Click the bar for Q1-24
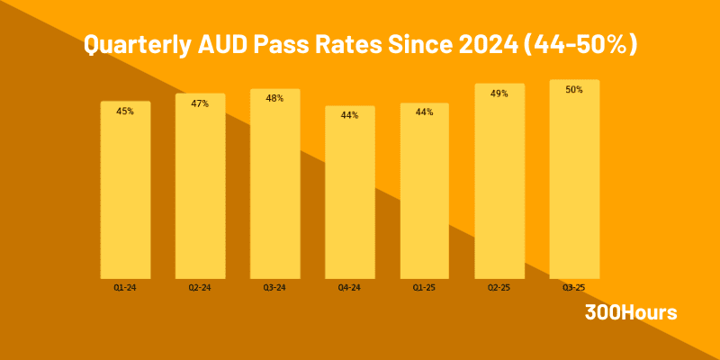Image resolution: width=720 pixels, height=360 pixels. point(125,193)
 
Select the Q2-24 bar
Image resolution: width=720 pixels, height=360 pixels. point(200,189)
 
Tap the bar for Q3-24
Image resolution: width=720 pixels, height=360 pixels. point(274,187)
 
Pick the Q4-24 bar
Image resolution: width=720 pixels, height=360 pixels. point(349,195)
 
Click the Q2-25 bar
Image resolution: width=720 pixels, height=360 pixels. point(499,184)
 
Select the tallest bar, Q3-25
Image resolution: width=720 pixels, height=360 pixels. point(574,182)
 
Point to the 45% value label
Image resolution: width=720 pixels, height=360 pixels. point(125,112)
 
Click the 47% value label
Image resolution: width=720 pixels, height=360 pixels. point(200,103)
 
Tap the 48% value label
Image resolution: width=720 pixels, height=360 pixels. point(274,98)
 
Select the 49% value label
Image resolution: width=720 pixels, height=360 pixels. point(499,93)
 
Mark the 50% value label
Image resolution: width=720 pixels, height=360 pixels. point(574,89)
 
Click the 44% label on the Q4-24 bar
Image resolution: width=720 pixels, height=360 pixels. point(349,115)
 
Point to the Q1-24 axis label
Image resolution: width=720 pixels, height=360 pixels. point(125,288)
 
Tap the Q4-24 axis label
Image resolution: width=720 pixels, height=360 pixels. point(349,288)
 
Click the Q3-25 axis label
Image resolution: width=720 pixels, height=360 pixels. point(574,288)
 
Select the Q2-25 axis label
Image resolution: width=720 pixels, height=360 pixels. point(499,288)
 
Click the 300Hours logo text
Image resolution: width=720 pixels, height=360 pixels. point(631,313)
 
